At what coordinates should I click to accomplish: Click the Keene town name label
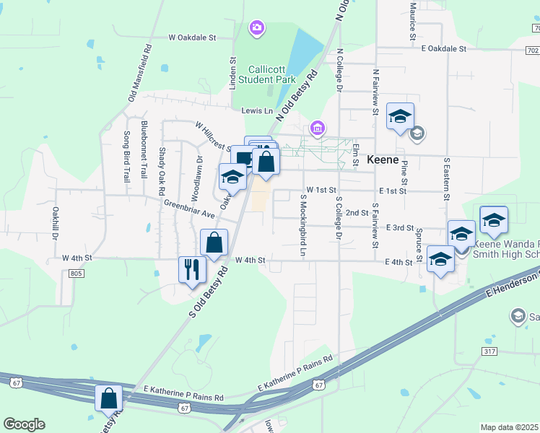click(383, 159)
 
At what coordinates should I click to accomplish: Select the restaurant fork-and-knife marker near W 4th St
click(192, 270)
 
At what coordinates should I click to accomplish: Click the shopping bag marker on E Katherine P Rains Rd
click(109, 398)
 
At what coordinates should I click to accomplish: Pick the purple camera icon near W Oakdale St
click(256, 29)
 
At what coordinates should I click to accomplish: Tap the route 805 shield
click(77, 273)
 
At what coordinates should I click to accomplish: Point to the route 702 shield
click(532, 50)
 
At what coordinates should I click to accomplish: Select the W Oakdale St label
click(193, 36)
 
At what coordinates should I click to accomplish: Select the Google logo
click(24, 424)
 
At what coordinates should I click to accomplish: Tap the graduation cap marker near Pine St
click(400, 116)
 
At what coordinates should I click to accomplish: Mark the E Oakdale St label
click(444, 48)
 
